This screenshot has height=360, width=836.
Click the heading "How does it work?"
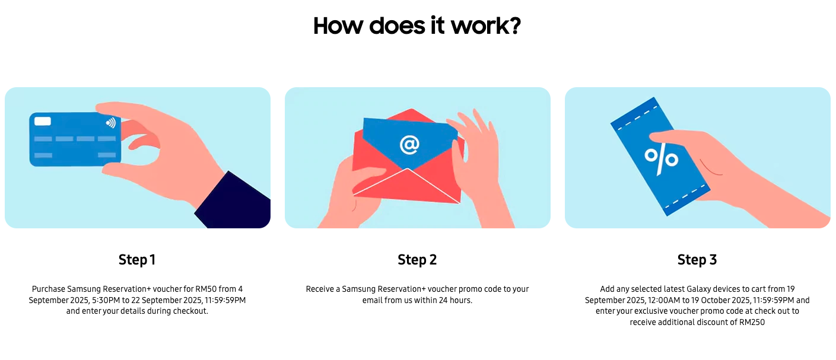(417, 26)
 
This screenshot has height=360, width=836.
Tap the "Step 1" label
(137, 260)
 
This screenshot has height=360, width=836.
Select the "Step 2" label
(417, 260)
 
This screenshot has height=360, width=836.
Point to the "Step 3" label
(697, 260)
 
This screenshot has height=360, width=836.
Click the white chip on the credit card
(43, 121)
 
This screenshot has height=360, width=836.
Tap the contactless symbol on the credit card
(111, 123)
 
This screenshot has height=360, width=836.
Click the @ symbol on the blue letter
(409, 145)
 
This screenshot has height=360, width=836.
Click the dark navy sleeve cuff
(233, 202)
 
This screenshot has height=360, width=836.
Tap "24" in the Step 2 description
(443, 300)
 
